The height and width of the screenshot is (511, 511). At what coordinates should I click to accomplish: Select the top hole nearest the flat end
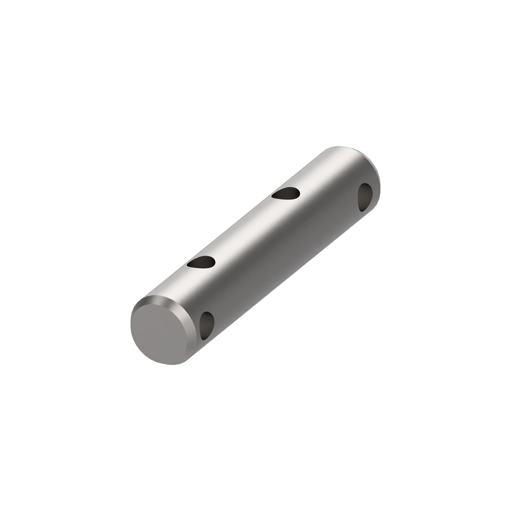click(x=201, y=263)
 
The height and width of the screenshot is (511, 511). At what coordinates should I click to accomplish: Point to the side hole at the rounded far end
click(x=365, y=196)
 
